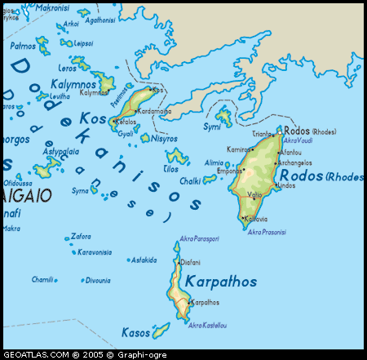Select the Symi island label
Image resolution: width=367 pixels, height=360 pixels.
(x=211, y=127)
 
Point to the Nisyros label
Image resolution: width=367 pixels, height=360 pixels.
(x=164, y=139)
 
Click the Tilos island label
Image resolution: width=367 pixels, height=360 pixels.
(x=170, y=168)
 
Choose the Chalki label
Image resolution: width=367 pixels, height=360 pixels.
(x=191, y=180)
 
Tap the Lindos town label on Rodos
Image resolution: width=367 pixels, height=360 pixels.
(x=286, y=185)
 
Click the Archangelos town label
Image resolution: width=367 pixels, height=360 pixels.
(x=294, y=162)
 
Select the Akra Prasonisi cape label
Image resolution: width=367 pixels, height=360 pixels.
(x=267, y=232)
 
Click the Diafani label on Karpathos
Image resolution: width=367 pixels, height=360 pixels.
(x=189, y=262)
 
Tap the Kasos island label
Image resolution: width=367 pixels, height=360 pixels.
(x=135, y=332)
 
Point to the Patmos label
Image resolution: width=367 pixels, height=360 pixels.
(x=23, y=46)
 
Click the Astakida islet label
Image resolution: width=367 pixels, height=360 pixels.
(x=144, y=260)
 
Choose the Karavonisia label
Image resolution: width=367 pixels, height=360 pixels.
(x=94, y=252)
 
